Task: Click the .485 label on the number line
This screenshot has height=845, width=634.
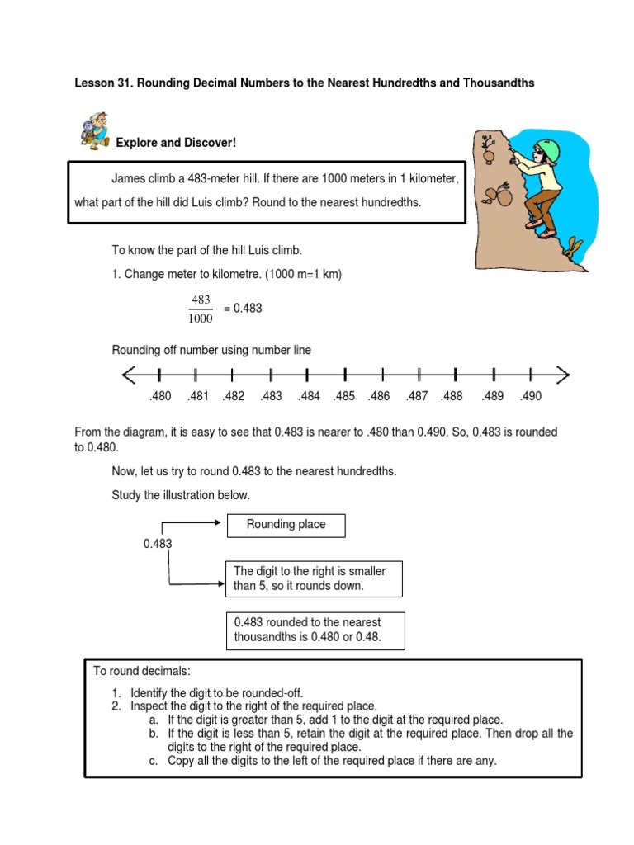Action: pos(344,396)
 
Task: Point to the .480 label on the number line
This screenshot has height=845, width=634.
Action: pos(160,396)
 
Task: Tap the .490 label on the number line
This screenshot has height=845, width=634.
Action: pos(530,396)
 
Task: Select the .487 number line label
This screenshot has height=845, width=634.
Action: pos(417,396)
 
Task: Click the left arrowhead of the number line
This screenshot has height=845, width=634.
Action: pos(129,375)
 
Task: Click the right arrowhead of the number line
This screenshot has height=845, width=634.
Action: pos(563,375)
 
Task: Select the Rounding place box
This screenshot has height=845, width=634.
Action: pos(286,525)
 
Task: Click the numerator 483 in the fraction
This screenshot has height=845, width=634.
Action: pos(201,300)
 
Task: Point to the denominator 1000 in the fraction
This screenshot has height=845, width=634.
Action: pos(201,318)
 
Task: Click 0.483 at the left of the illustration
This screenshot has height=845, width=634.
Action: pos(158,544)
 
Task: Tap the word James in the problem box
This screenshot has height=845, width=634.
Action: pos(128,179)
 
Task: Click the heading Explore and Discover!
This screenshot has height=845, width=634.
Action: pos(176,144)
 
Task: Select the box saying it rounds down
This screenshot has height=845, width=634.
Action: pos(314,578)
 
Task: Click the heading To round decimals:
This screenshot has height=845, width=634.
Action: pos(142,672)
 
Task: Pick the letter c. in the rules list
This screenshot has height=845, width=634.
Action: pos(154,761)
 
